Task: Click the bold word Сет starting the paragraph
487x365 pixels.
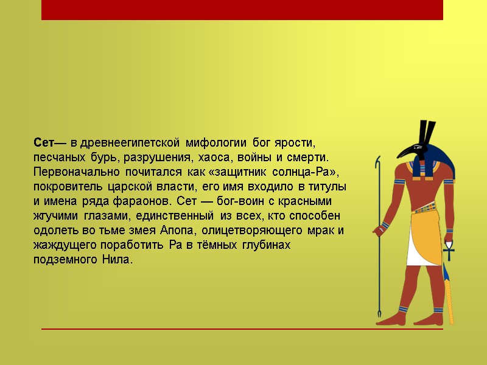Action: [x=44, y=144]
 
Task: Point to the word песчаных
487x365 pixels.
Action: [x=58, y=158]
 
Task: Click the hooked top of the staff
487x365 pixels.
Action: [x=380, y=162]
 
